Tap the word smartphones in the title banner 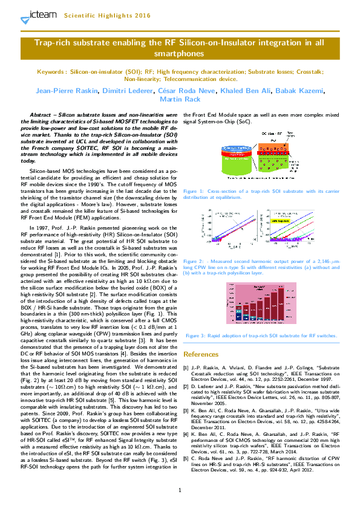point(180,54)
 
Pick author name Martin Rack point(180,99)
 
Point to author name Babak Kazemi point(299,91)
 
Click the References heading point(205,354)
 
